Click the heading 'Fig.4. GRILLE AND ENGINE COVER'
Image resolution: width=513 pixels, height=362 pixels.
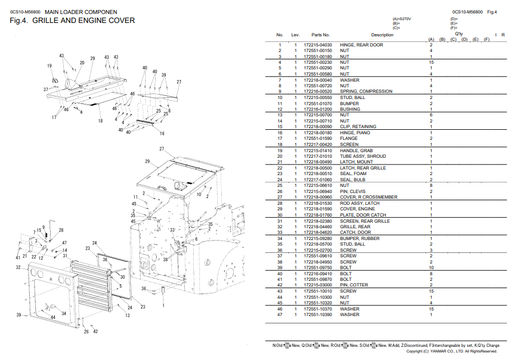pos(72,21)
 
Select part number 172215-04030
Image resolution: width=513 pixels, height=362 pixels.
pos(318,45)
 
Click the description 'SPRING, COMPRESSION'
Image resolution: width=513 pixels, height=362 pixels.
pos(366,91)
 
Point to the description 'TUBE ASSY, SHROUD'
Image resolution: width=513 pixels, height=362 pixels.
pos(363,156)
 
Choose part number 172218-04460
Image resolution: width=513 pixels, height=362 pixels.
pos(318,227)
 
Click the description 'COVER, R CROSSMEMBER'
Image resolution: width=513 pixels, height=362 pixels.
pos(369,197)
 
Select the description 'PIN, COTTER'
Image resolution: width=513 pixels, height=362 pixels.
pos(354,285)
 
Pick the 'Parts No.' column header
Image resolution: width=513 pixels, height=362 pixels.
pos(320,35)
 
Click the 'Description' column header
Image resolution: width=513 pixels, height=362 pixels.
pos(382,35)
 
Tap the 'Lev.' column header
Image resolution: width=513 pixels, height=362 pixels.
pos(296,35)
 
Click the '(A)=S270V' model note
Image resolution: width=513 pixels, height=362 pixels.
pos(402,19)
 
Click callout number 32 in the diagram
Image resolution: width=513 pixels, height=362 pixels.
pos(18,268)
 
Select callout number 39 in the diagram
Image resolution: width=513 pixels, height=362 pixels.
pos(18,315)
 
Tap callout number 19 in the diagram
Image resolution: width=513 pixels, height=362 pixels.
pos(49,66)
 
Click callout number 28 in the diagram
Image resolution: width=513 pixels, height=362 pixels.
pos(61,230)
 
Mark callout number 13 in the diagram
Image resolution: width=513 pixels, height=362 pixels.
pos(128,316)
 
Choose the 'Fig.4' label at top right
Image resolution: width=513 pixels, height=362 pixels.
pos(492,12)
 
